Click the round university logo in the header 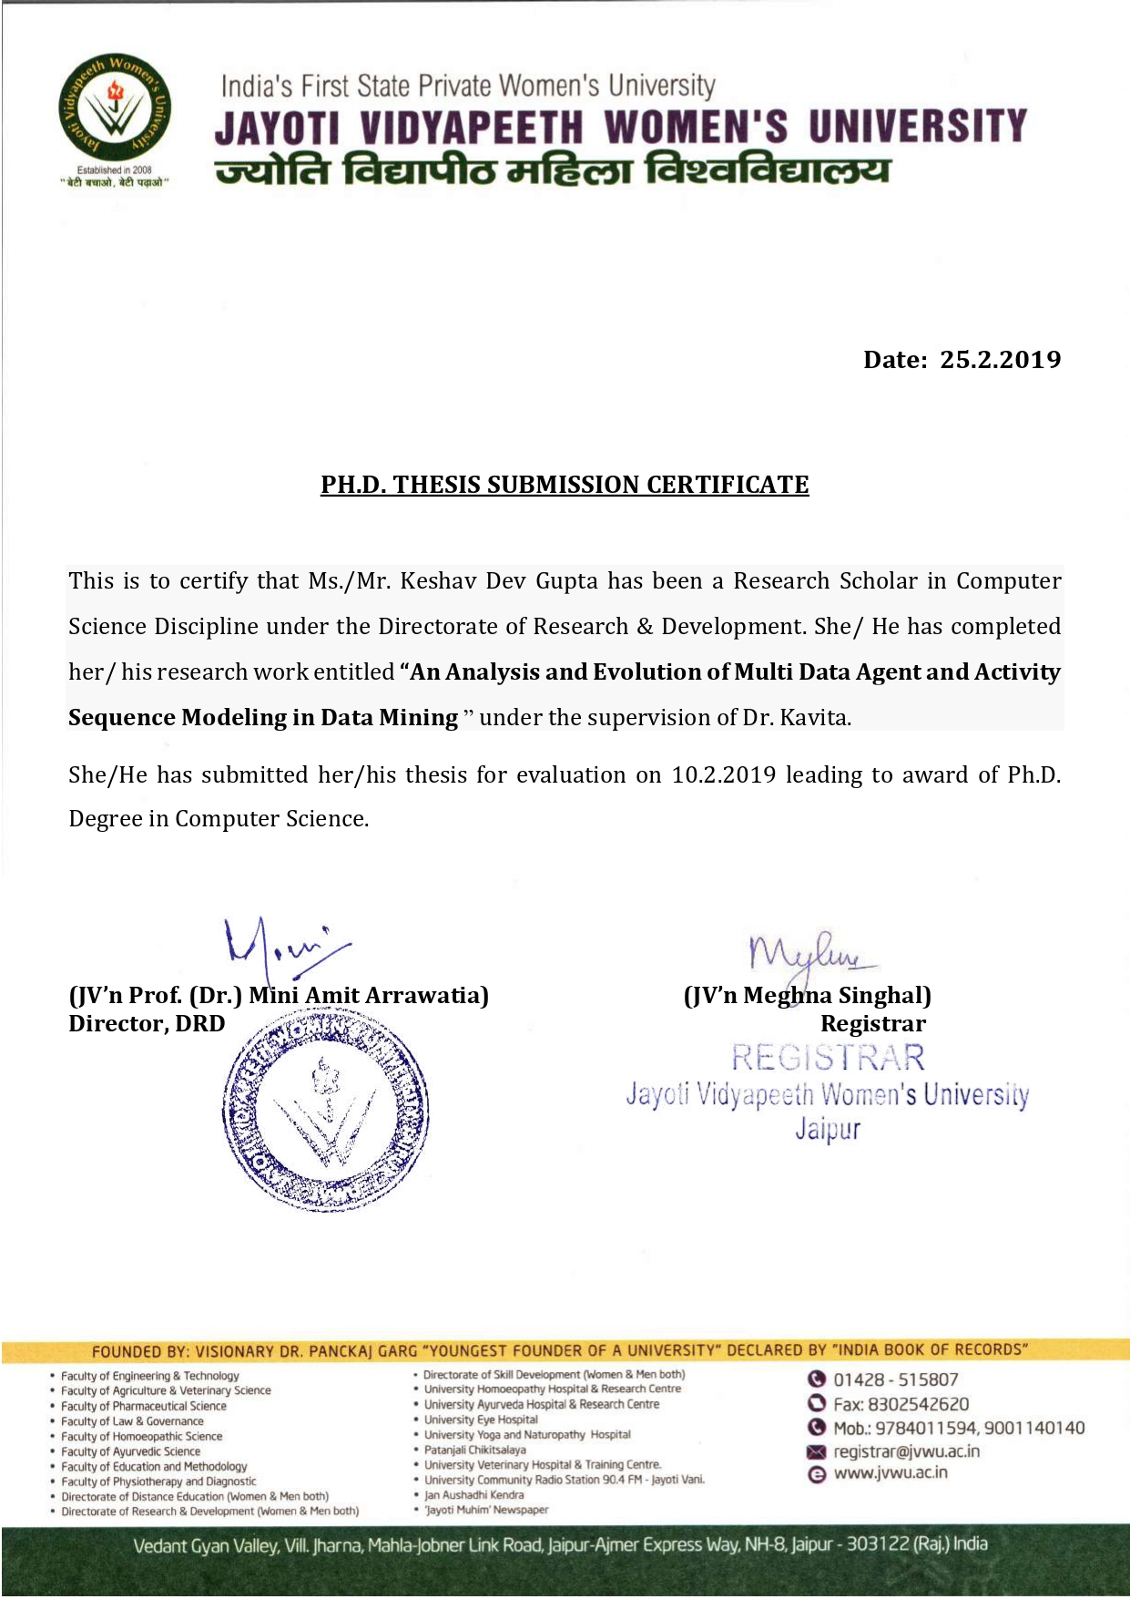click(115, 108)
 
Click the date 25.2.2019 click(1000, 360)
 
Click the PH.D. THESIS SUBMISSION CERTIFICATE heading click(565, 485)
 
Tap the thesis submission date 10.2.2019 click(724, 775)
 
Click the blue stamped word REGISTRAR click(829, 1058)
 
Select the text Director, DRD click(147, 1024)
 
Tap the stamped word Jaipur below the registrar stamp click(827, 1130)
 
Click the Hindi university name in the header click(552, 170)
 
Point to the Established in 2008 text click(115, 170)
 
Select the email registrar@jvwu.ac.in click(907, 1451)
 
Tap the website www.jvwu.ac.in click(891, 1473)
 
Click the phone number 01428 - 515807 click(896, 1380)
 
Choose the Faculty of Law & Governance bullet click(132, 1421)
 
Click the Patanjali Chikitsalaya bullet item click(474, 1450)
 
